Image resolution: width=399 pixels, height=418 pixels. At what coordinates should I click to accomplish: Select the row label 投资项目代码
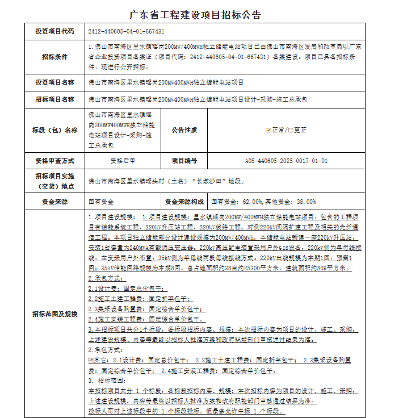(54, 31)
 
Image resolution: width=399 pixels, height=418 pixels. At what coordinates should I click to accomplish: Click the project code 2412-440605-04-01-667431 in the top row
(126, 31)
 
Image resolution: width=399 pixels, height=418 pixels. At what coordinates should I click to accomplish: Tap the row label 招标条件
(54, 57)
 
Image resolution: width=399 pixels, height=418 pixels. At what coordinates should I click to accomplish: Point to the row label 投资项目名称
(54, 82)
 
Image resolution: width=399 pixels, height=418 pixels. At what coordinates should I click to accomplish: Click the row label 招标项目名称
(54, 99)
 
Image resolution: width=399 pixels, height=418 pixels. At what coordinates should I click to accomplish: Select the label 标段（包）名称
(54, 130)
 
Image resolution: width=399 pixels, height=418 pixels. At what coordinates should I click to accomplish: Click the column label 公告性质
(184, 130)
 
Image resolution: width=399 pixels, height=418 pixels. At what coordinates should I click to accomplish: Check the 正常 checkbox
(268, 130)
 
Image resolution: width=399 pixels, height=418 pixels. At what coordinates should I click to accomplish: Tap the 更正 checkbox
(289, 130)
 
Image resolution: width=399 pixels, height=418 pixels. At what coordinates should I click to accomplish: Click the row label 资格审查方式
(54, 161)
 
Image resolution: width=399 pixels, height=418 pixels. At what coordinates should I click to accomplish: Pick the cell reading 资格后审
(123, 161)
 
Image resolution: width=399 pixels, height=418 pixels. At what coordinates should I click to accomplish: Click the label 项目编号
(184, 161)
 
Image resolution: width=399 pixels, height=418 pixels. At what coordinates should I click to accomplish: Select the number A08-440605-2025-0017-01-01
(286, 161)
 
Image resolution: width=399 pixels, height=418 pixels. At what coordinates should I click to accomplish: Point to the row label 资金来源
(54, 202)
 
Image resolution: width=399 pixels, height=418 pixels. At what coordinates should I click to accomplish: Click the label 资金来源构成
(184, 202)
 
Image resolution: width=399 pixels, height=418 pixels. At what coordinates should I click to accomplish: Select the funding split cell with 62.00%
(263, 202)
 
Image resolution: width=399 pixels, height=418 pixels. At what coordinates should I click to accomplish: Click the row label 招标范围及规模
(54, 313)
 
